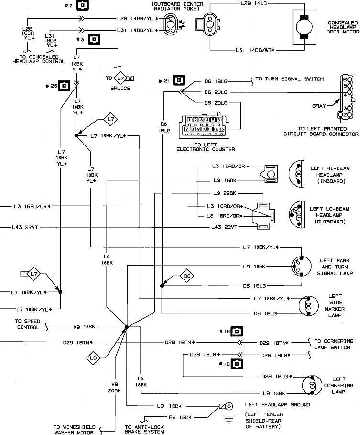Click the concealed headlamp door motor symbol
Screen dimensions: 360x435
point(304,27)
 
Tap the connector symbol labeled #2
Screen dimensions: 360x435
point(83,5)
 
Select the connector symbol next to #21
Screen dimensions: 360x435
point(179,80)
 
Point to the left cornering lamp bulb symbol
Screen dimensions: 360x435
point(312,385)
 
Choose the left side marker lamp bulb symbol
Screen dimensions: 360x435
point(309,306)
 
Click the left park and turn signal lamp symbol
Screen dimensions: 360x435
point(301,267)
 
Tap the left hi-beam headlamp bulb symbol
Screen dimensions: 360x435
point(296,174)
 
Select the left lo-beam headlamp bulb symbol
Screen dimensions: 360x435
point(296,214)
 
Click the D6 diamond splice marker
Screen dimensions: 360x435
point(187,276)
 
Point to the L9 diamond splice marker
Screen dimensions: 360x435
point(93,358)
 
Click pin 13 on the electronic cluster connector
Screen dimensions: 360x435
point(222,129)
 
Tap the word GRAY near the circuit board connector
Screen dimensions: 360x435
point(319,106)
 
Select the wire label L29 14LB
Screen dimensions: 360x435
point(253,4)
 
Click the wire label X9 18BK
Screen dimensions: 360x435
point(84,327)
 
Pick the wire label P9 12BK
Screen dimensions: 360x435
point(180,417)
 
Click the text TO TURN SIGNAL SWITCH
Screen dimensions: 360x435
point(289,79)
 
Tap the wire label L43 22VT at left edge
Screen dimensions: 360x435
point(25,227)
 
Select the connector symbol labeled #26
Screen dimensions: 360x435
point(64,86)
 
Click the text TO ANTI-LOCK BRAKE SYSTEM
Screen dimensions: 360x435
point(144,429)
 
